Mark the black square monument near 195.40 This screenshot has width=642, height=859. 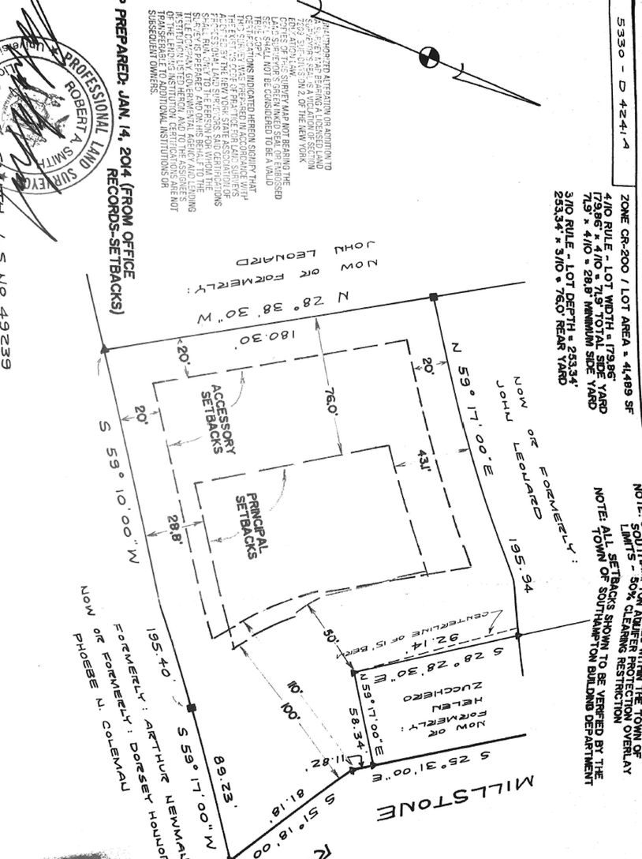190,708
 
